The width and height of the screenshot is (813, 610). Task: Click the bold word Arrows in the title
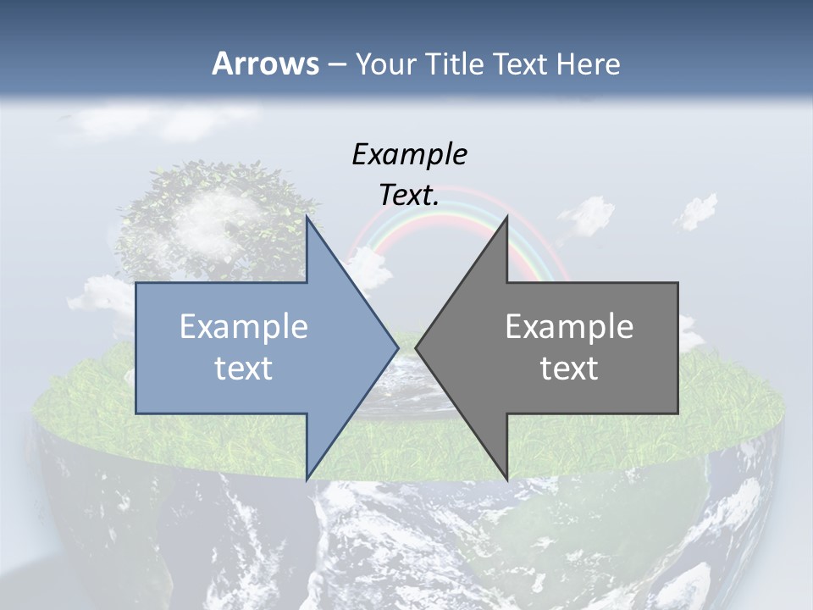click(x=265, y=64)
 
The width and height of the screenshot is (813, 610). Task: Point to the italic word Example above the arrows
click(x=409, y=155)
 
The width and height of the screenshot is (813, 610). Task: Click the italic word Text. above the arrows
click(x=409, y=196)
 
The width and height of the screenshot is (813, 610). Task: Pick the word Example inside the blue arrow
click(x=244, y=326)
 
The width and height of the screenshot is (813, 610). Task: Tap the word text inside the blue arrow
click(x=244, y=369)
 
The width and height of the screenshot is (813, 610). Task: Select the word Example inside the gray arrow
click(x=569, y=326)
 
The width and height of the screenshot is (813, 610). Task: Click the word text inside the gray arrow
click(x=569, y=369)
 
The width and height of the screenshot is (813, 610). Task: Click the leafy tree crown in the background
click(x=212, y=212)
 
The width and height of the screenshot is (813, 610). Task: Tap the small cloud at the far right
click(x=696, y=210)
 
